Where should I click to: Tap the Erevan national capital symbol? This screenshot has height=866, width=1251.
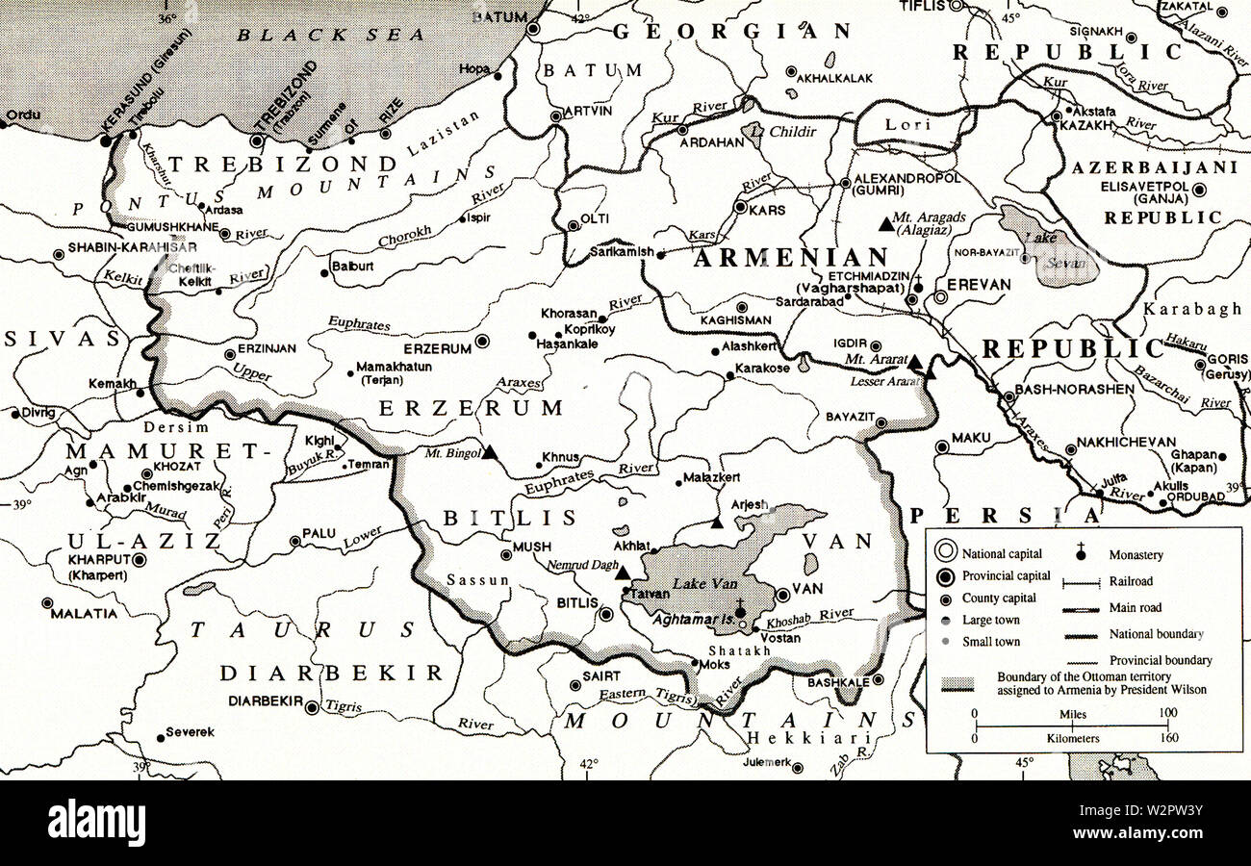point(940,298)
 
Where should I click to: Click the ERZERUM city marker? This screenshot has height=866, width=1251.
point(482,341)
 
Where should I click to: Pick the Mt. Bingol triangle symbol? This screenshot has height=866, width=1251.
point(489,451)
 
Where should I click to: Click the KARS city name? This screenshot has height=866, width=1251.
point(767,209)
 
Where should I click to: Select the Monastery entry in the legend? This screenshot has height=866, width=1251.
point(1136,555)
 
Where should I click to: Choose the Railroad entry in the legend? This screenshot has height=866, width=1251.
point(1132,581)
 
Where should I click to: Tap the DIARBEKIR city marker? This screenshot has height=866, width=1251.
point(312,707)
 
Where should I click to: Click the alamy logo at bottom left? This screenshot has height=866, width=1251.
point(96,823)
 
